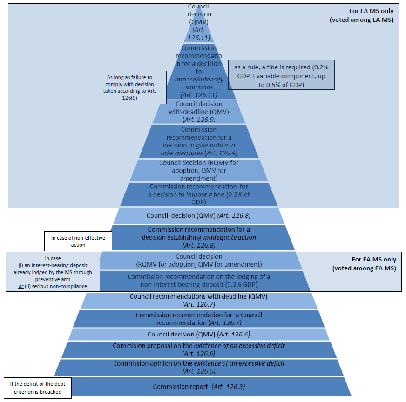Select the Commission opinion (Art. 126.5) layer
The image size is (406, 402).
click(199, 367)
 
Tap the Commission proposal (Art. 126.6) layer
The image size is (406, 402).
click(199, 349)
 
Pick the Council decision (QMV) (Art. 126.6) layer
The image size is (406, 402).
click(199, 334)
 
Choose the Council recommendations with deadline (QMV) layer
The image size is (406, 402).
click(199, 300)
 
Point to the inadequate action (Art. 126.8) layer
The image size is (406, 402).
click(199, 237)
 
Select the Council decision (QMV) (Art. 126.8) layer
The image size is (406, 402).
click(199, 215)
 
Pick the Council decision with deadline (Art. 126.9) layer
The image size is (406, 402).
click(199, 112)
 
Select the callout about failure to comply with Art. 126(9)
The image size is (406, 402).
click(124, 86)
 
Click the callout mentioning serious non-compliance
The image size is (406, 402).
click(53, 272)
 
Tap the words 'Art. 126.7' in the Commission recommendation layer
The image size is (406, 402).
click(225, 322)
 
